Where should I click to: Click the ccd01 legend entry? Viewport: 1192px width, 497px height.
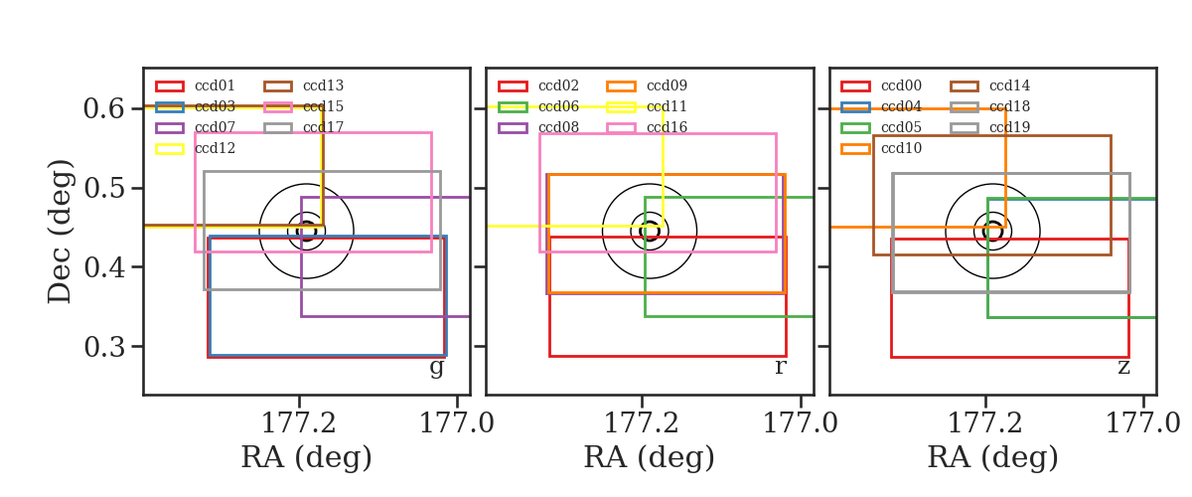[196, 85]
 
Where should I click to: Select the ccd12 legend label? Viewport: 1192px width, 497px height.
[215, 148]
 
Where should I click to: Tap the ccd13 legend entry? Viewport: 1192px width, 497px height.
[304, 85]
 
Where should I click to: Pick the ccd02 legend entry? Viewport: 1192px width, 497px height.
[538, 85]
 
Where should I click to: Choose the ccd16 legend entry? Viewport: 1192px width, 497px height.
[647, 127]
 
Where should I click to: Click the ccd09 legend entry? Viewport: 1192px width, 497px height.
[647, 85]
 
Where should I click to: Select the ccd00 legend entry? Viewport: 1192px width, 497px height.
[881, 85]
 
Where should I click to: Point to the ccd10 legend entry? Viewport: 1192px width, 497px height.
[881, 148]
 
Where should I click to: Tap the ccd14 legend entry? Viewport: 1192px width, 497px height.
[989, 85]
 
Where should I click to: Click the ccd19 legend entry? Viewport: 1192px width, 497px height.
[989, 127]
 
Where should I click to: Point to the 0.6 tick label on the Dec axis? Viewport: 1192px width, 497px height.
[103, 108]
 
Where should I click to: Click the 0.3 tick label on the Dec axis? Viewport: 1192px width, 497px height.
[103, 347]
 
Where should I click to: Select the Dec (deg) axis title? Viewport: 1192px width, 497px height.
[59, 232]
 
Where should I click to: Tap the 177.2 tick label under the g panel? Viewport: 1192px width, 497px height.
[299, 423]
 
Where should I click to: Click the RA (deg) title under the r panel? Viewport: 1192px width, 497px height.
[650, 457]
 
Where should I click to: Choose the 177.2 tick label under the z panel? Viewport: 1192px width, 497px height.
[985, 423]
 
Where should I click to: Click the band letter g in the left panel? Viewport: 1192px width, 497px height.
[436, 368]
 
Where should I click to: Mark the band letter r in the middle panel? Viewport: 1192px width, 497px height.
[780, 367]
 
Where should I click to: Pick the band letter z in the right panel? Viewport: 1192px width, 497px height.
[1123, 367]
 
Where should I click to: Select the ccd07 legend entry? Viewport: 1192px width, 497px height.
[196, 127]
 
